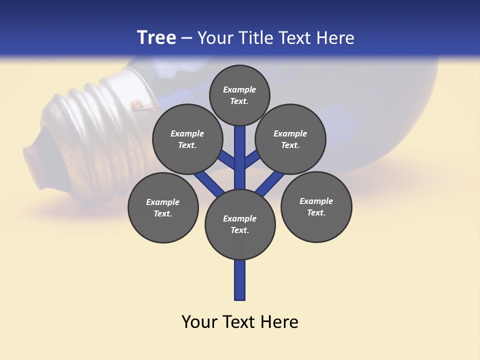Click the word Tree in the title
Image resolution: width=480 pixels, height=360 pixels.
point(156,37)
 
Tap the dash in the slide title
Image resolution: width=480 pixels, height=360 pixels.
point(186,38)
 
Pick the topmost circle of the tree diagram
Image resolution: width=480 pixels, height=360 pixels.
point(239,95)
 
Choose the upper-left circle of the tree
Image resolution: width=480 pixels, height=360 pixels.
point(187,139)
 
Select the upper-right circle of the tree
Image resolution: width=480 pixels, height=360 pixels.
point(290,139)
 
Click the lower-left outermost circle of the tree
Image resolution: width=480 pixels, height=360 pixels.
point(163,207)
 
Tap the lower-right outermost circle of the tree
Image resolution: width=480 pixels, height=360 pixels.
point(316,206)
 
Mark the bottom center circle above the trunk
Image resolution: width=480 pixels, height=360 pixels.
point(240,224)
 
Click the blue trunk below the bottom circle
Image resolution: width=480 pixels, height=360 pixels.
point(240,280)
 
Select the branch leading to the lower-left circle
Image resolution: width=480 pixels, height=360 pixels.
point(209,182)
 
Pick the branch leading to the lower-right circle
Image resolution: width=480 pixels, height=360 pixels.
point(270,182)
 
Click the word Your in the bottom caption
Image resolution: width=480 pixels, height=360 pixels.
point(198,322)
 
